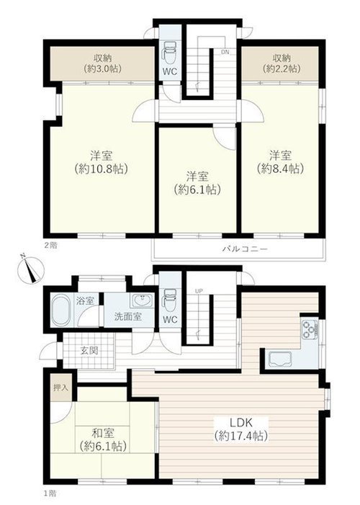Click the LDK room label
[x=241, y=429]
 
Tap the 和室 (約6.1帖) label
[x=103, y=439]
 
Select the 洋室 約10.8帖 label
[x=102, y=162]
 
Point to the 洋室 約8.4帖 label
[x=281, y=162]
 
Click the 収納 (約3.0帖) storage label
[x=103, y=63]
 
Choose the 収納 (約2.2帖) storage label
[x=282, y=63]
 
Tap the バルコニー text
[x=245, y=249]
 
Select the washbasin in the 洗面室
[x=141, y=300]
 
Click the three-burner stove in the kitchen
[x=309, y=329]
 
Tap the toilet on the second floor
[x=169, y=53]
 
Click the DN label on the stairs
[x=225, y=52]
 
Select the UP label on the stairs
[x=199, y=291]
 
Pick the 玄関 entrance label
[x=89, y=350]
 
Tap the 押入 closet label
[x=61, y=388]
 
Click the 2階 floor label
[x=50, y=246]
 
